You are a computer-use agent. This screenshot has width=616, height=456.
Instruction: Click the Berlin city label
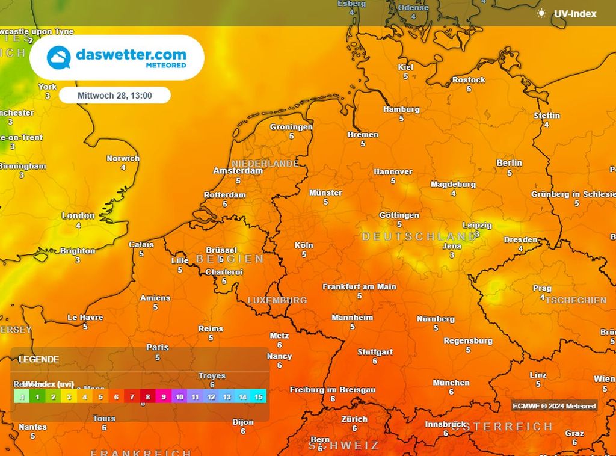[x=509, y=163]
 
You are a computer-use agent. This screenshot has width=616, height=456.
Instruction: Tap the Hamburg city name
[x=401, y=109]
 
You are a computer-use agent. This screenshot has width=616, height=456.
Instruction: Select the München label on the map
[x=451, y=383]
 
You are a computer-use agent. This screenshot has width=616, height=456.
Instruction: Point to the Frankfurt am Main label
[x=359, y=287]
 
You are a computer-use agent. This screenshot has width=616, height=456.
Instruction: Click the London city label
[x=78, y=215]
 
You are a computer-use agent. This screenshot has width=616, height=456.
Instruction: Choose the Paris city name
[x=158, y=347]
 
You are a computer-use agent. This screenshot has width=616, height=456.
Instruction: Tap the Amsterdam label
[x=238, y=171]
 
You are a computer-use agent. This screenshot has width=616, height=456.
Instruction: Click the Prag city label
[x=542, y=288]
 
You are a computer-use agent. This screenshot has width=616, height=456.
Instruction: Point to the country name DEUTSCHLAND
[x=419, y=237]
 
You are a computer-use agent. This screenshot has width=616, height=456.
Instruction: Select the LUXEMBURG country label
[x=277, y=300]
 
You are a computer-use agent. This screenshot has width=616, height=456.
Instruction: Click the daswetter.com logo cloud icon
[x=59, y=57]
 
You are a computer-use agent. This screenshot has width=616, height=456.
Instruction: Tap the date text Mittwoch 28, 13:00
[x=114, y=95]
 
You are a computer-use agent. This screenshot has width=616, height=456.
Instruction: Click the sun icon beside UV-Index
[x=542, y=13]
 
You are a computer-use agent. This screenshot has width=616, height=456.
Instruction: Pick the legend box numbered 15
[x=258, y=397]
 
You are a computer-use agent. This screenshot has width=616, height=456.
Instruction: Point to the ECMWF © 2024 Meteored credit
[x=554, y=406]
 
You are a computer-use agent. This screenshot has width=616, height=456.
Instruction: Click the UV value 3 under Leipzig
[x=477, y=233]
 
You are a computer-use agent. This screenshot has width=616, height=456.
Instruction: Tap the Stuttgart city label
[x=375, y=352]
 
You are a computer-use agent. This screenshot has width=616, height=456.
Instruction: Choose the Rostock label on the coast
[x=469, y=80]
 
